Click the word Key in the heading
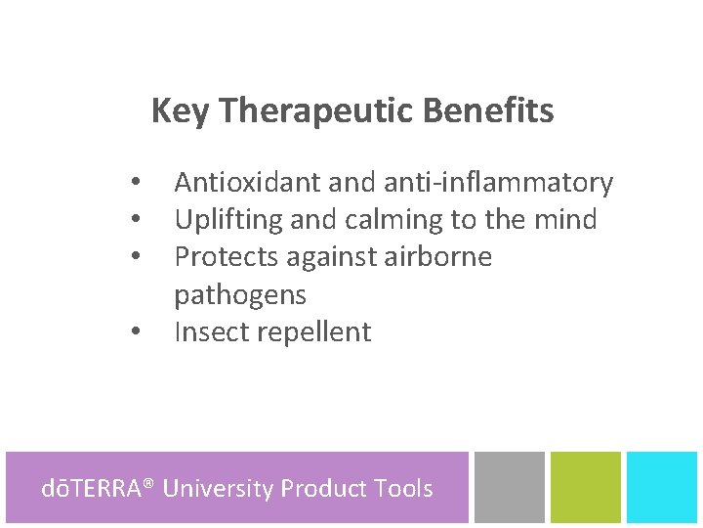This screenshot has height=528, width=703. pos(180,111)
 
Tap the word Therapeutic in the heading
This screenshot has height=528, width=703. pos(317,111)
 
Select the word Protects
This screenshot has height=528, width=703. pos(224,257)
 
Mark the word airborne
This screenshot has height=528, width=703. pos(437,257)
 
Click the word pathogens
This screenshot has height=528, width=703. pos(240,294)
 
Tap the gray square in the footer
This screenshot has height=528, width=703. pos(510,487)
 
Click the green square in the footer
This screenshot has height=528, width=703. pos(586,487)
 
